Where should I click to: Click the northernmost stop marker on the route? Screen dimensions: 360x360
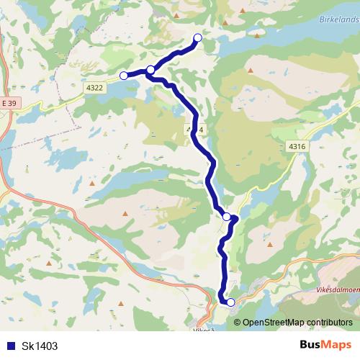click(x=198, y=38)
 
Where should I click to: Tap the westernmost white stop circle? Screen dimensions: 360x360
click(x=123, y=75)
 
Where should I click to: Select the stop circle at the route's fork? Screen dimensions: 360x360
click(x=150, y=70)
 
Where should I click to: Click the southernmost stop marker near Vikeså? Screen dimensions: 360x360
click(x=230, y=302)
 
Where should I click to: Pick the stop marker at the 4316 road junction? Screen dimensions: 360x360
click(x=227, y=216)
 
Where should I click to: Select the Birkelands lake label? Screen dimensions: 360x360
click(x=338, y=20)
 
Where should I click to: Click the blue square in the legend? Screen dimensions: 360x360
click(x=9, y=346)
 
